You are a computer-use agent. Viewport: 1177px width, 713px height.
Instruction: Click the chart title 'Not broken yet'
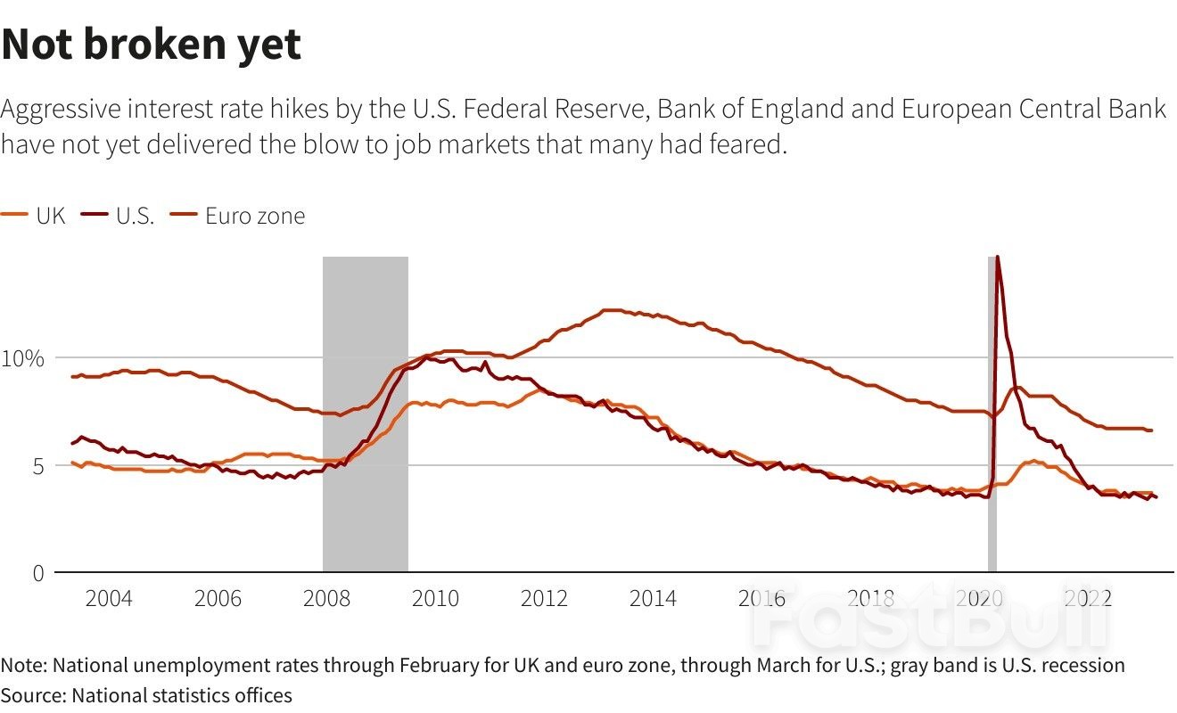point(152,44)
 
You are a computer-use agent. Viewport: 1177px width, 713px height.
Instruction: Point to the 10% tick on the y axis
point(23,358)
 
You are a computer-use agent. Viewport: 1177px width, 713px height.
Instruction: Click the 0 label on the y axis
point(37,573)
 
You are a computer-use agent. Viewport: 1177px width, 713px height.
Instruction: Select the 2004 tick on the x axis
point(109,598)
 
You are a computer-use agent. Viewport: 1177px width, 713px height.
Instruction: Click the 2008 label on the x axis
point(326,598)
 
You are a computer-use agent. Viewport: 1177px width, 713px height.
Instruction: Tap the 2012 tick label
point(544,598)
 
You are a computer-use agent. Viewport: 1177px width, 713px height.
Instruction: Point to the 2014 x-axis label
point(653,598)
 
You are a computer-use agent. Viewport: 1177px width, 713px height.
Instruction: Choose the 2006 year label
point(218,598)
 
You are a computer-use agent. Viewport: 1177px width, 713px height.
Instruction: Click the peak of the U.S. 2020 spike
point(997,258)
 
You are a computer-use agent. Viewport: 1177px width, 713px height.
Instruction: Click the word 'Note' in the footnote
point(23,666)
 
